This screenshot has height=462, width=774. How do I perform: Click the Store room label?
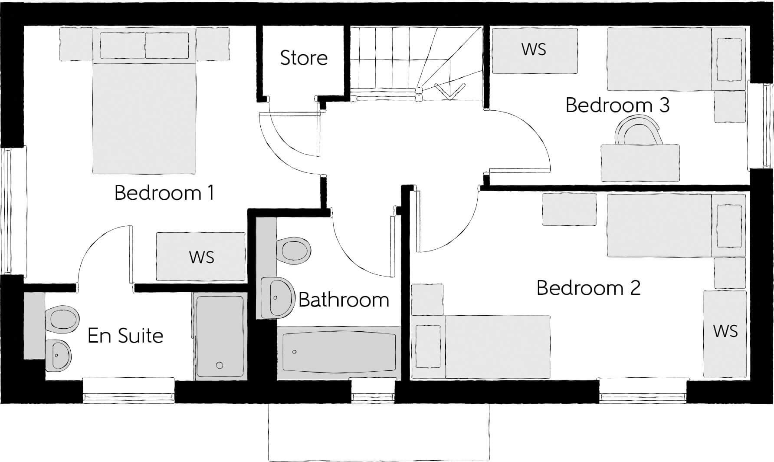(304, 58)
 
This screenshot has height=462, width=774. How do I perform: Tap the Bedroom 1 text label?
(164, 193)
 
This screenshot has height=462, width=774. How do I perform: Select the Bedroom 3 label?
(617, 105)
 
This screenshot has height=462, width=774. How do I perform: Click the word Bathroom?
(344, 300)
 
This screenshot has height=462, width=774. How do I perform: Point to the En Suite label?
(125, 336)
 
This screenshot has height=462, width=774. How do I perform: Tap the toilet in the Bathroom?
(295, 250)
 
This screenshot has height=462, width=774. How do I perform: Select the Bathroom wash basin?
(278, 297)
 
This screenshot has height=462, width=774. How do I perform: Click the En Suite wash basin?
(59, 355)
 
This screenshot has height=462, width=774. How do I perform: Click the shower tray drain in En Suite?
(220, 366)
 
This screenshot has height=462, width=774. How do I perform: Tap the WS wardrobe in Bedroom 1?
(201, 257)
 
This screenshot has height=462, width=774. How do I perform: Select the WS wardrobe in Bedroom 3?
(534, 50)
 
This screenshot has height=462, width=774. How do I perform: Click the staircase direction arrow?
(450, 92)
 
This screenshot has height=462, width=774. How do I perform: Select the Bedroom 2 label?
(588, 288)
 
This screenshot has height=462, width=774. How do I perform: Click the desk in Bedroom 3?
(640, 163)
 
